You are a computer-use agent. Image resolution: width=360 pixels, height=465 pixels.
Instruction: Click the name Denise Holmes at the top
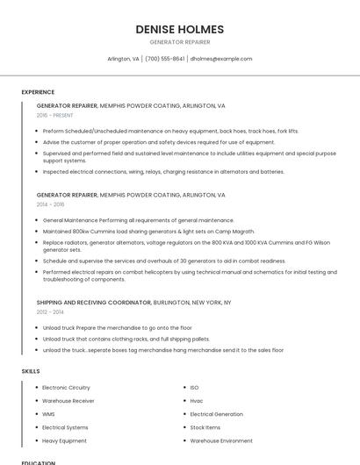(x=179, y=29)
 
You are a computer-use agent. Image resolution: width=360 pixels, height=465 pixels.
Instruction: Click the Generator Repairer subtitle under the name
(x=179, y=42)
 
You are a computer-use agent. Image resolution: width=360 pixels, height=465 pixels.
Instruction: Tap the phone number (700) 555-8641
(x=165, y=59)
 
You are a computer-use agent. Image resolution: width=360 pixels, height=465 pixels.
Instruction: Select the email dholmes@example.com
(x=221, y=59)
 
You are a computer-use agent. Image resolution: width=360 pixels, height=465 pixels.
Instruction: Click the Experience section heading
(x=38, y=92)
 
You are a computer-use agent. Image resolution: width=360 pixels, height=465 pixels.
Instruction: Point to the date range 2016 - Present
(x=54, y=115)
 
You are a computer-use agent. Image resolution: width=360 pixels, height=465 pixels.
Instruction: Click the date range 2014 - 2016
(x=51, y=204)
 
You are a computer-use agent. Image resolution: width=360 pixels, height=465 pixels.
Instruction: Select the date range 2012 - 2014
(x=51, y=311)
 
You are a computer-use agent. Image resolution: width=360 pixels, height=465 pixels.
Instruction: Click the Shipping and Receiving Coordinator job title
(x=94, y=302)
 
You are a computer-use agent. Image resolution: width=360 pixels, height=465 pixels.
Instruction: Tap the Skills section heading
(x=31, y=371)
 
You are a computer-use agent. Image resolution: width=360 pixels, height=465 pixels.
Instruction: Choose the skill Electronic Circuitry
(x=66, y=387)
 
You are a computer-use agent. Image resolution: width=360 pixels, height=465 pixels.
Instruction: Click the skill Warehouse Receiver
(x=68, y=400)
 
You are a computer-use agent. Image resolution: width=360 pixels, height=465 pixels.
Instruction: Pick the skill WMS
(x=48, y=413)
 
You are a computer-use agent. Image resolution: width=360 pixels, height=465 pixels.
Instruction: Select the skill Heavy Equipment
(x=64, y=440)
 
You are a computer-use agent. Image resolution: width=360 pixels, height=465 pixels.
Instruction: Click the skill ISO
(x=195, y=387)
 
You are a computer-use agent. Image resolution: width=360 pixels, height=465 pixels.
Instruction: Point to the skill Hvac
(x=197, y=400)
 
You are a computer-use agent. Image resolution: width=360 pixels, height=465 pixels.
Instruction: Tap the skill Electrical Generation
(x=216, y=413)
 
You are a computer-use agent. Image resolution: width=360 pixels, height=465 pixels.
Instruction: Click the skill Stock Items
(x=205, y=427)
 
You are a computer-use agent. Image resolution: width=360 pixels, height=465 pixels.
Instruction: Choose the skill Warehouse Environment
(x=221, y=440)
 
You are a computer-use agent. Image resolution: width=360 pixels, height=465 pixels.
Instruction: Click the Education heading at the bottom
(x=39, y=462)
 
